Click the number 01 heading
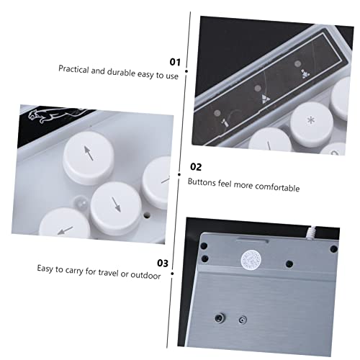coord(175,62)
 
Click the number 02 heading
coord(196,166)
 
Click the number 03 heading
coord(163,263)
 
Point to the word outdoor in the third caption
coord(145,275)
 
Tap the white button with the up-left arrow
coord(89,158)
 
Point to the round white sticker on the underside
coord(251,260)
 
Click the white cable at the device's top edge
coord(311,233)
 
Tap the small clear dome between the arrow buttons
coord(81,202)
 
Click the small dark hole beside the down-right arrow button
coord(147,215)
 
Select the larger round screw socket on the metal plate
coord(220,318)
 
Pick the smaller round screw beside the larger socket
coord(243,320)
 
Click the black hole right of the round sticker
coord(289,264)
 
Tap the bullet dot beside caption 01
coord(186,71)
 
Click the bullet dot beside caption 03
coord(172,274)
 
